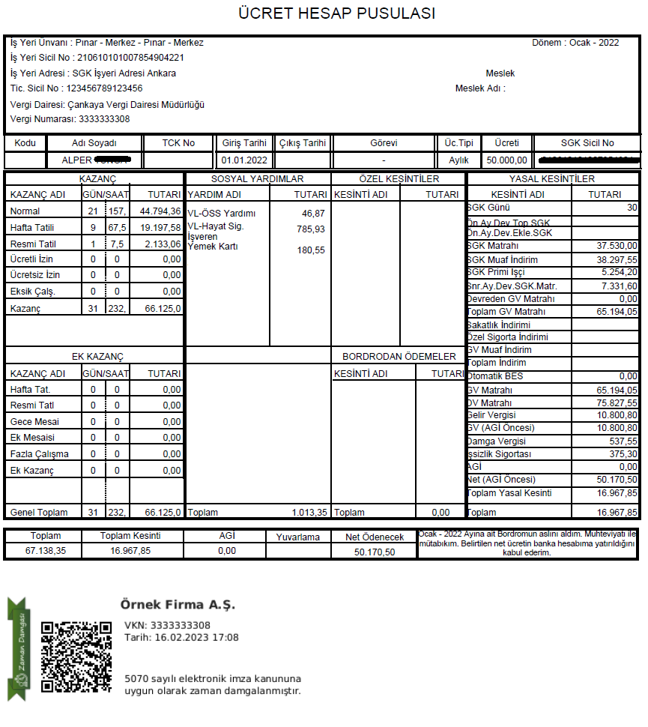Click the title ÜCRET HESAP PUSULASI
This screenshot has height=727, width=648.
pos(336,13)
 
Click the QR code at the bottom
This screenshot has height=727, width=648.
pos(76,657)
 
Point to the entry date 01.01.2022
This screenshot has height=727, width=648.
pos(244,160)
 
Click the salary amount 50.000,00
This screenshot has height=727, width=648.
pos(507,160)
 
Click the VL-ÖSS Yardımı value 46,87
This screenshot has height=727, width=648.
pos(313,214)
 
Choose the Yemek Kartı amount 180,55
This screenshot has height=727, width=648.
pos(311,250)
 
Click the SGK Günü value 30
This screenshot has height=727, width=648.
pos(632,208)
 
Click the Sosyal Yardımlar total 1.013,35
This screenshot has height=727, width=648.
pos(309,513)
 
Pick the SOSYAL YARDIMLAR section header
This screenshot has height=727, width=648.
pos(257,179)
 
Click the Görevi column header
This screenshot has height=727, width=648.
pos(384,143)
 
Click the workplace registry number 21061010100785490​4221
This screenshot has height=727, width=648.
pos(131,58)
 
